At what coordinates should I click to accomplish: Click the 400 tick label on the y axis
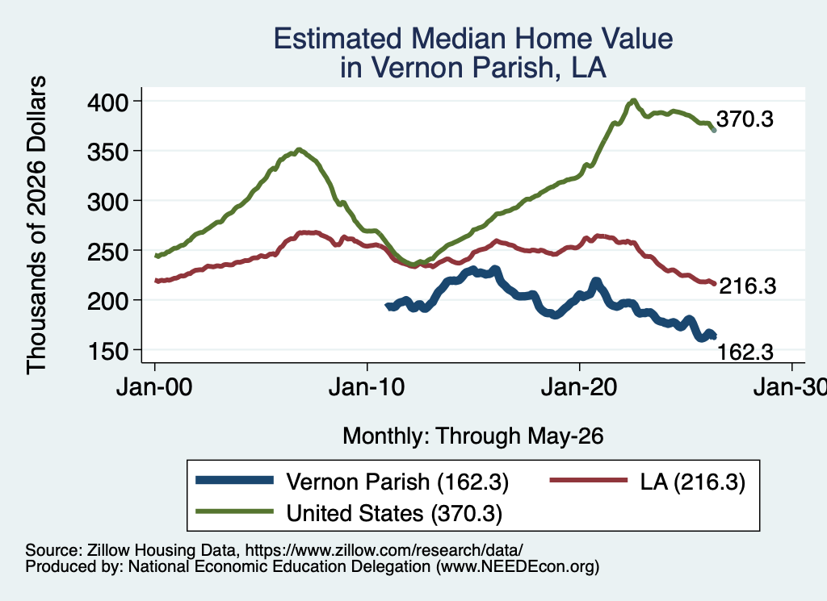(x=107, y=102)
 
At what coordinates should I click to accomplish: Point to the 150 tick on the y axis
(x=107, y=351)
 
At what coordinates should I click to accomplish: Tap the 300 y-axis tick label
(x=107, y=202)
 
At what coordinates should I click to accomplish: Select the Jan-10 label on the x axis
(x=367, y=387)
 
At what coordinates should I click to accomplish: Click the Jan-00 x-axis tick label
(x=154, y=387)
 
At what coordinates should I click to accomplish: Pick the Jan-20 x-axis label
(x=579, y=387)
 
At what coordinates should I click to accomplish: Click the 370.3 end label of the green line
(x=745, y=119)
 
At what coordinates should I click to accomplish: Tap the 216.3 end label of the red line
(x=747, y=286)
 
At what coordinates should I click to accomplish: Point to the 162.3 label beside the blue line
(x=745, y=352)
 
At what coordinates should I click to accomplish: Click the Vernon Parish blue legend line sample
(x=235, y=480)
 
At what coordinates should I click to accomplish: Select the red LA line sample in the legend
(x=589, y=480)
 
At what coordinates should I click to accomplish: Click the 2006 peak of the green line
(x=299, y=149)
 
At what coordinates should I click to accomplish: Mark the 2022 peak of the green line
(x=634, y=100)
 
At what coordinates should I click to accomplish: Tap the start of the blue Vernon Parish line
(x=388, y=306)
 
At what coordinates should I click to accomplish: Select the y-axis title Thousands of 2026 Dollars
(x=36, y=225)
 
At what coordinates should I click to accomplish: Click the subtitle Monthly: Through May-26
(x=473, y=436)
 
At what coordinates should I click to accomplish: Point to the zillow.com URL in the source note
(x=384, y=550)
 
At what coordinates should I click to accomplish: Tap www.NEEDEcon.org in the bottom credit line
(x=518, y=566)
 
